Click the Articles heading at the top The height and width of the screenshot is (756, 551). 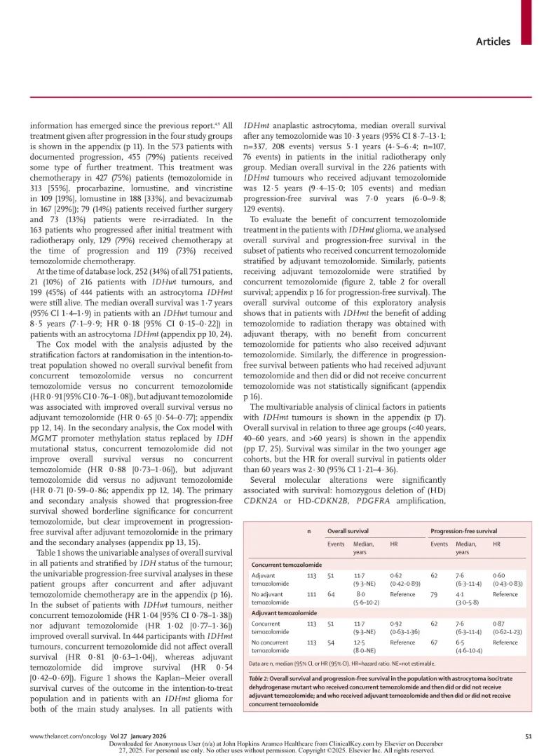coord(493,41)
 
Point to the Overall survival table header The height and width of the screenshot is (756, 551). coord(348,530)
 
